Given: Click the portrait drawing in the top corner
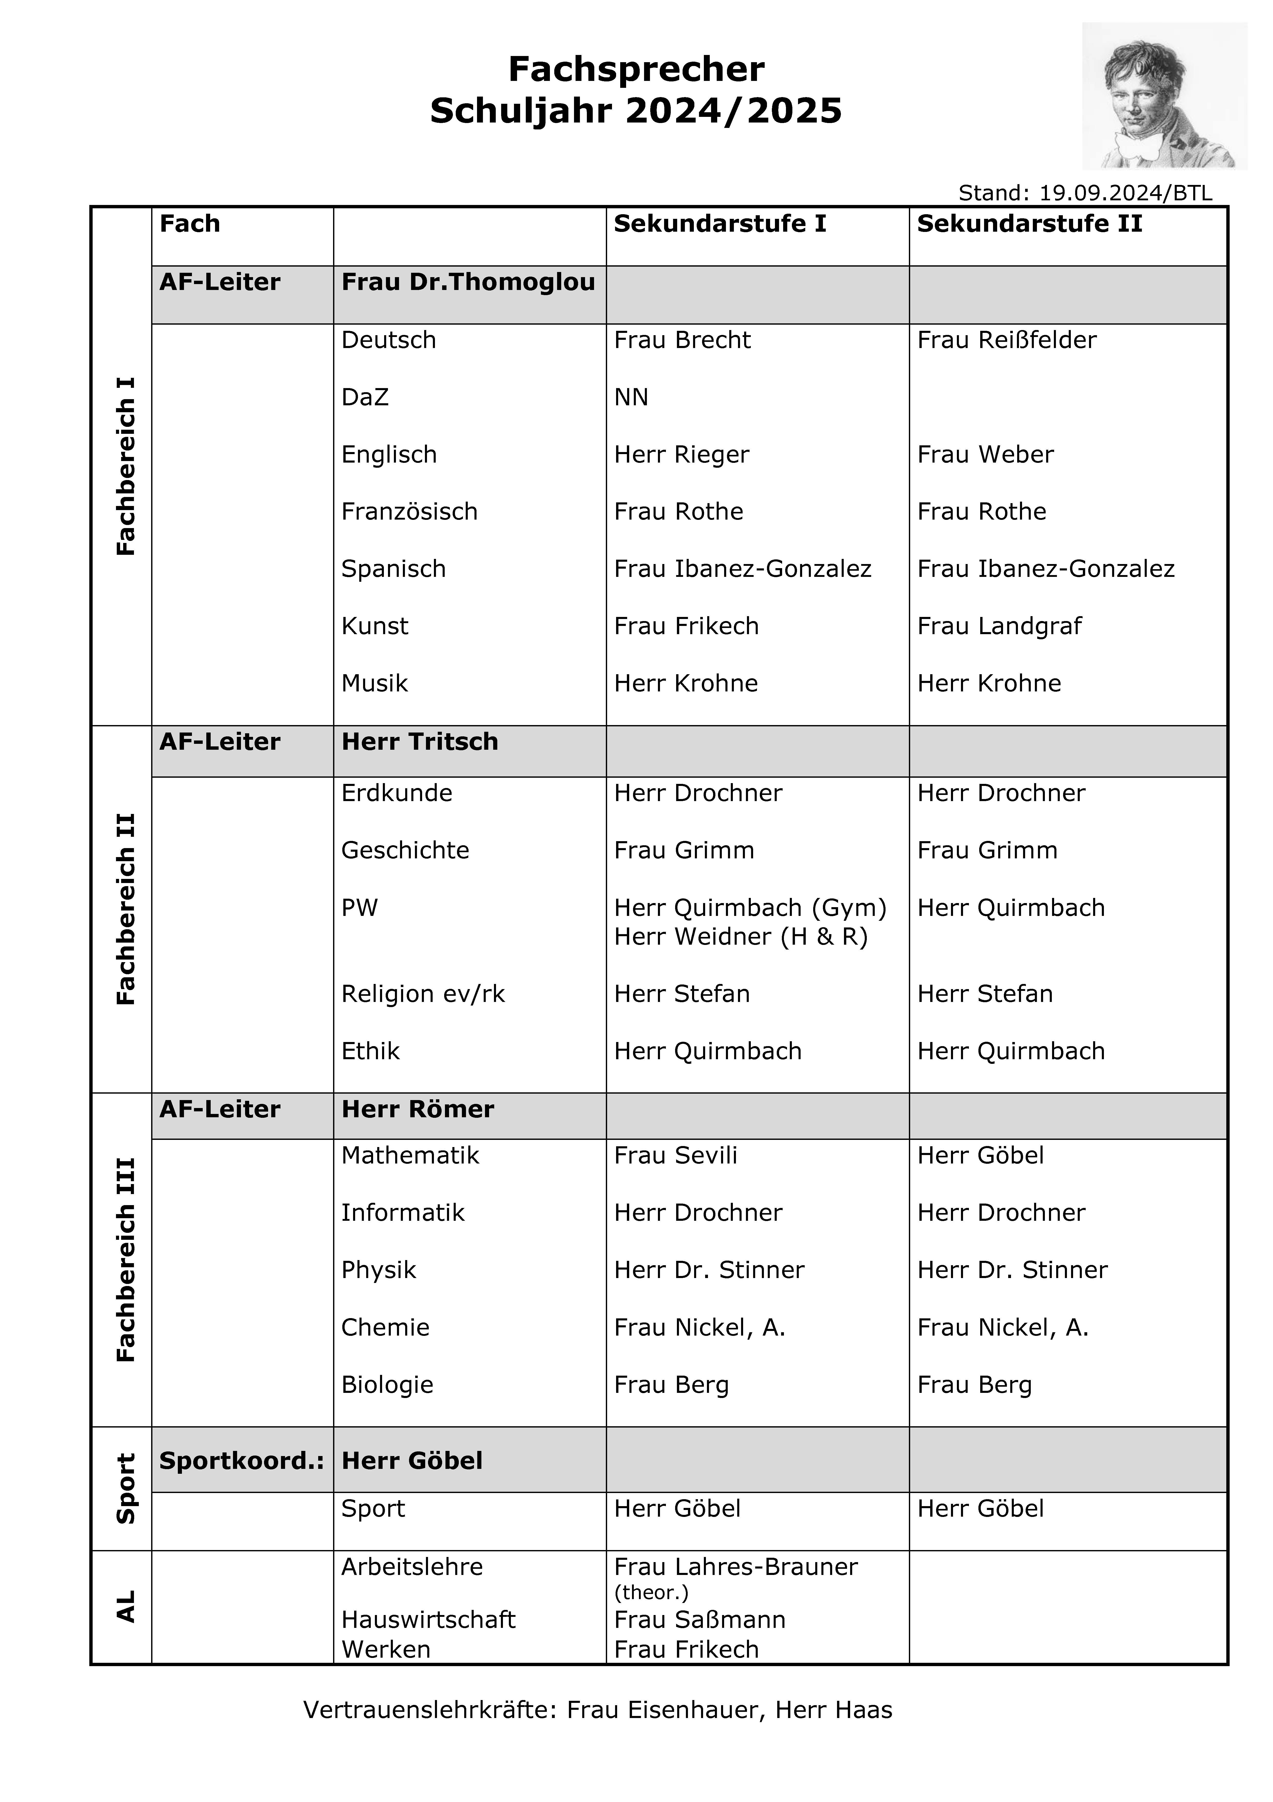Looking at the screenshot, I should click(x=1164, y=96).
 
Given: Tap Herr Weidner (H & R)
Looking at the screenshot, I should click(x=741, y=936).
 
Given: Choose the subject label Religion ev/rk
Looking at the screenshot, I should click(x=423, y=994).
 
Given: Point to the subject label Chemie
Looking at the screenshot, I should click(x=385, y=1327).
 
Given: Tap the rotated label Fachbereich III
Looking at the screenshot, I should click(x=125, y=1260).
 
